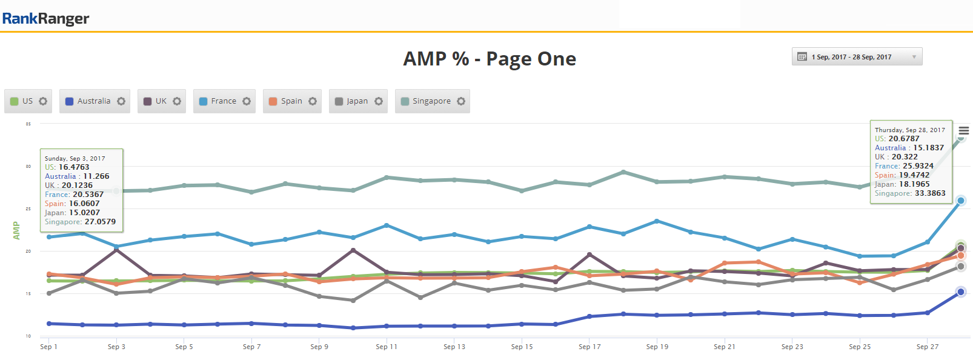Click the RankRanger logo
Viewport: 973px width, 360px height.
[x=45, y=19]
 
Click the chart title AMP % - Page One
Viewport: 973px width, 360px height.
[x=490, y=59]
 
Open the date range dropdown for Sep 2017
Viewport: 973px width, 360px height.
[x=857, y=56]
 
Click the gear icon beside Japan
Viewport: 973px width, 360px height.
[x=379, y=101]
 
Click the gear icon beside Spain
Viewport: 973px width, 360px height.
[x=313, y=101]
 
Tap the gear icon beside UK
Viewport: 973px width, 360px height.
[x=177, y=101]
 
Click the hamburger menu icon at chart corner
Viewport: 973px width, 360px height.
[x=964, y=130]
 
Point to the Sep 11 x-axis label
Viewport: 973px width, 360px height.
[x=387, y=347]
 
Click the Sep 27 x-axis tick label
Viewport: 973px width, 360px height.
[x=927, y=347]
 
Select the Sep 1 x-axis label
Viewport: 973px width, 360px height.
[x=48, y=347]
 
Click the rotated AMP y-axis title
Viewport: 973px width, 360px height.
[x=16, y=230]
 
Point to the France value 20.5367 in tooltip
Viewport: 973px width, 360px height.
[x=88, y=195]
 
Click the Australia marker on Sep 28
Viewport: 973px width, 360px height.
[x=961, y=292]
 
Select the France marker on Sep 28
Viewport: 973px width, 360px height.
[x=961, y=201]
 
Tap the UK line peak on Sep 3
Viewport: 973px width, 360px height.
[x=116, y=249]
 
